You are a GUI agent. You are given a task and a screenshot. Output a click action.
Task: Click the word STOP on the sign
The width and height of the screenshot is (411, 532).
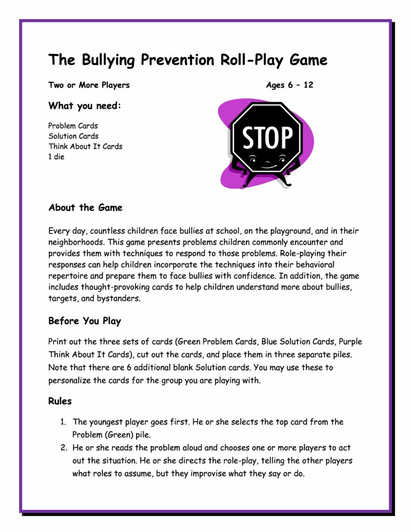[x=268, y=138]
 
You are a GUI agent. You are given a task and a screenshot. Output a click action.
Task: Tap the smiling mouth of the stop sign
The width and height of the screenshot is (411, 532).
[x=268, y=165]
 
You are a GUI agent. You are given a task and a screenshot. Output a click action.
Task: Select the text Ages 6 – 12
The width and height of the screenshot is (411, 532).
[x=289, y=85]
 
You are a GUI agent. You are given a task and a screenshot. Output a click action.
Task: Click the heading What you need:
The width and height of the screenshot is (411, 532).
[x=85, y=106]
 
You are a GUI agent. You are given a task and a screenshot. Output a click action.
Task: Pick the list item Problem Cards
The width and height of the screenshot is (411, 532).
[x=73, y=126]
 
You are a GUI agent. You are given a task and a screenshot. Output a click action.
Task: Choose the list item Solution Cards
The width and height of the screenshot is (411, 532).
[x=73, y=136]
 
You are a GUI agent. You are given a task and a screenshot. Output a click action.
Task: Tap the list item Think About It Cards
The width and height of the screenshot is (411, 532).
[x=85, y=147]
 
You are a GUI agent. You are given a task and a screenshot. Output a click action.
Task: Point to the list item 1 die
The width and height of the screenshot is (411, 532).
[x=56, y=157]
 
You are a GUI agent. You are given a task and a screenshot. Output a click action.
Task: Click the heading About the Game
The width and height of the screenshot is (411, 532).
[x=85, y=208]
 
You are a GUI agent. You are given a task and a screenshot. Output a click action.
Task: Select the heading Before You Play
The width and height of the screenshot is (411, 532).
[x=85, y=321]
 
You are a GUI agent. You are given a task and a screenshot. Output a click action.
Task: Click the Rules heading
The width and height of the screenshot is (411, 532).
[x=60, y=402]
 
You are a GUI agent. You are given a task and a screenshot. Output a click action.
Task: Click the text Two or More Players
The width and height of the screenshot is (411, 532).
[x=89, y=85]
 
